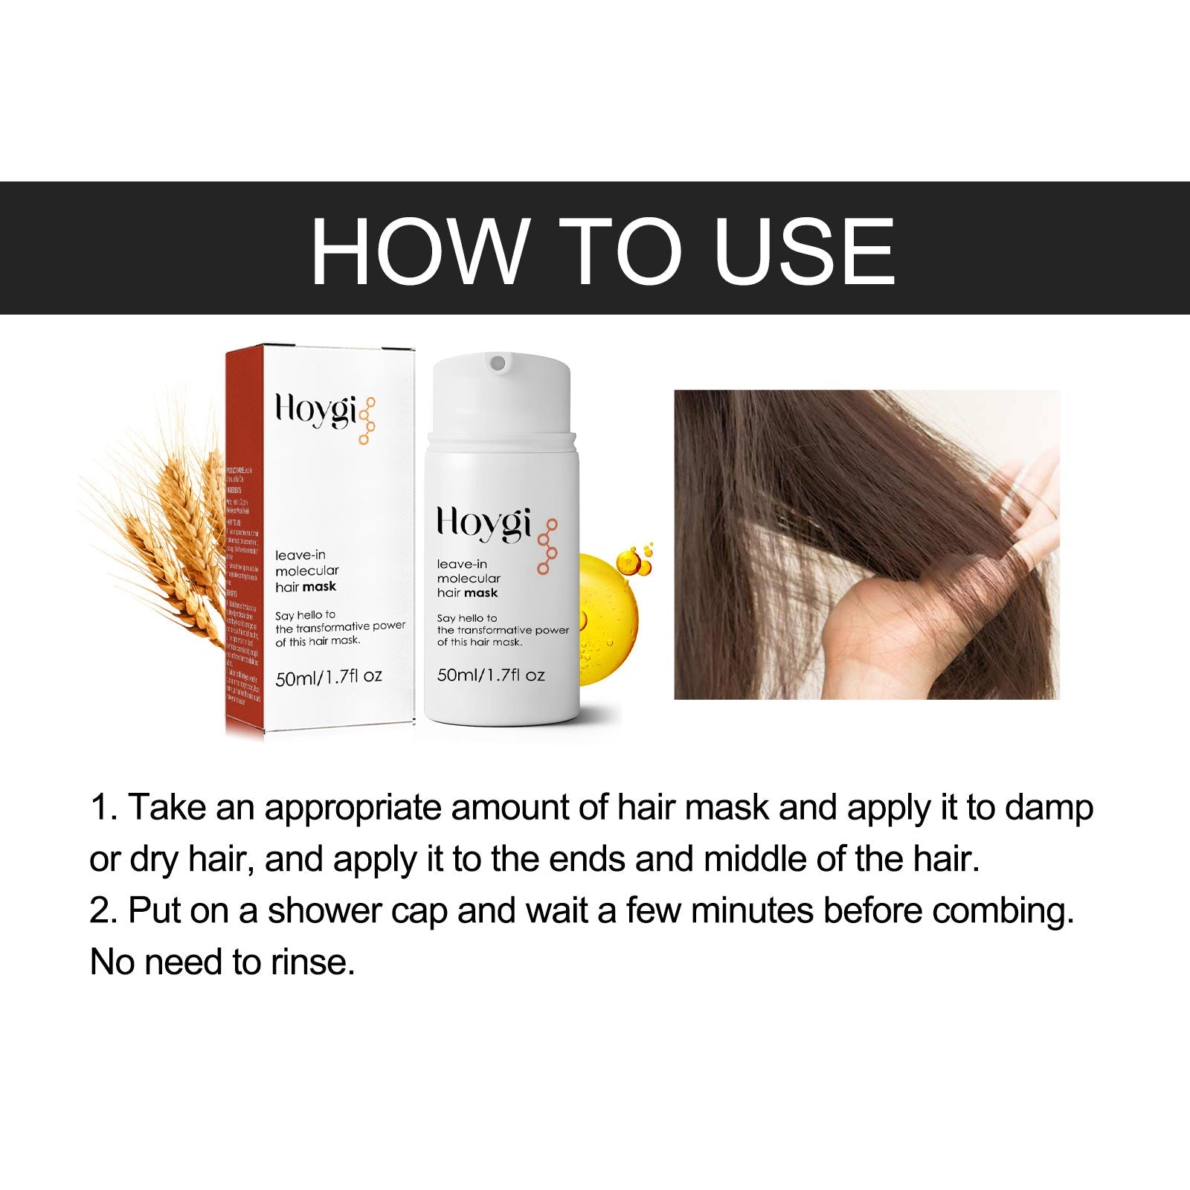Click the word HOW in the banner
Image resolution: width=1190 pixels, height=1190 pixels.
(416, 251)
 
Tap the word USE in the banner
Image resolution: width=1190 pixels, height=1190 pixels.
(803, 251)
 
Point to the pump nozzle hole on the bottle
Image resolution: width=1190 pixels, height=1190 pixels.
(498, 363)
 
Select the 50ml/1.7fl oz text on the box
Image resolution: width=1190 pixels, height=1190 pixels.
(328, 677)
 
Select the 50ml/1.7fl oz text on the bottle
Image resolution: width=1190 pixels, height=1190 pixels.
(491, 675)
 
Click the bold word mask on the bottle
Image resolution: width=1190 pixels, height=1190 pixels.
(482, 593)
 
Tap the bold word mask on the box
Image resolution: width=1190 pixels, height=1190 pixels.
(320, 587)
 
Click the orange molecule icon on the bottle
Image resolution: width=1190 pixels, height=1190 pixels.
(547, 546)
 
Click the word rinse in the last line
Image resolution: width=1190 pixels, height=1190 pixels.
(312, 962)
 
